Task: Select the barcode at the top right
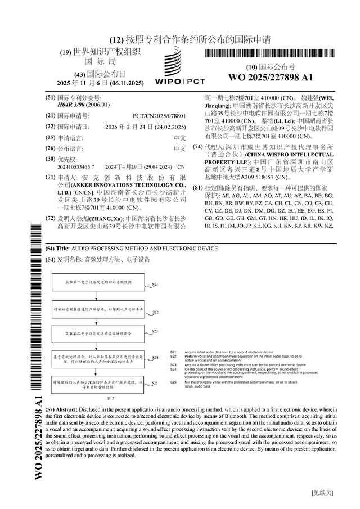[270, 54]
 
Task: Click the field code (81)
[198, 187]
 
